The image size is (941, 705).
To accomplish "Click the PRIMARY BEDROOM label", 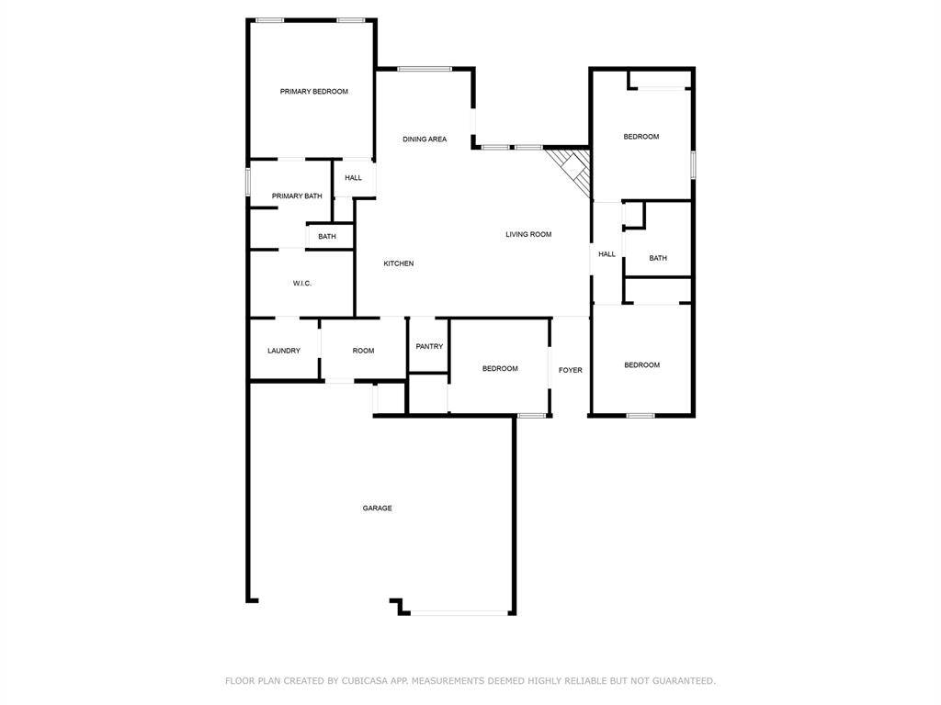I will (x=314, y=91).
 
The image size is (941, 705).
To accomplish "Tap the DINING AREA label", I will (x=425, y=140).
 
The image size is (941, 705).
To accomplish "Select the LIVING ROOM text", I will (x=528, y=234).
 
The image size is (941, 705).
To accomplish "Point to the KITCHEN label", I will (x=399, y=263).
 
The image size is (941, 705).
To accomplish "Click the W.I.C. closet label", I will (x=302, y=284).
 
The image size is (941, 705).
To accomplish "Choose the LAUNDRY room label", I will (x=284, y=351).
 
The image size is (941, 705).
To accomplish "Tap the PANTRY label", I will (x=429, y=346).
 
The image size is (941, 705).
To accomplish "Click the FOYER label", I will (x=571, y=370).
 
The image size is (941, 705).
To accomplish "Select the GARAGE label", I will (x=377, y=508).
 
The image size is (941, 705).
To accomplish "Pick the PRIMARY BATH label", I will (x=297, y=196).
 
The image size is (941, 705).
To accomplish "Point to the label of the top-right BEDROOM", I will (x=641, y=137).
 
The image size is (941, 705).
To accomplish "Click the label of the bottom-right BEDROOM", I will (x=642, y=365).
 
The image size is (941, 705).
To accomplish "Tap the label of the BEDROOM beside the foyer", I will (x=500, y=368).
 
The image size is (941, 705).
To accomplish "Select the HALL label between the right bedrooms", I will (x=607, y=254).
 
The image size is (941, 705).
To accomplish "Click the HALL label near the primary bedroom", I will (x=354, y=178).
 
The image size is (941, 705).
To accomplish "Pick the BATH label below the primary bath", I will (x=327, y=237).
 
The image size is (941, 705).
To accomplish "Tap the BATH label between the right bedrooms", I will (x=658, y=258).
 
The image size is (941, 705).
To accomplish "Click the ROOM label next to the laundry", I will (x=363, y=351).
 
